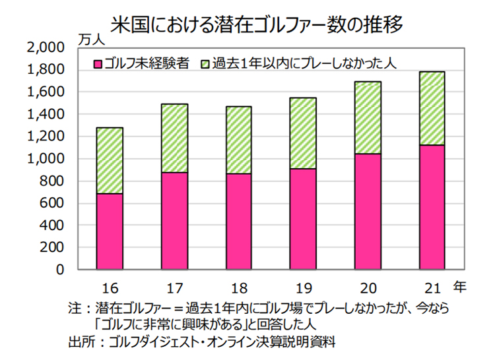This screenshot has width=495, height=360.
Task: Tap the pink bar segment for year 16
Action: coord(110,231)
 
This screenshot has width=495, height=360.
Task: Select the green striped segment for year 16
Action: coord(110,160)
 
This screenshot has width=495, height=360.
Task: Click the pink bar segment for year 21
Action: coord(432,207)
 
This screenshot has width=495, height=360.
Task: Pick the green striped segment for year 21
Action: coord(432,108)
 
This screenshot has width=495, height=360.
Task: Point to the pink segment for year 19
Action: coord(303,219)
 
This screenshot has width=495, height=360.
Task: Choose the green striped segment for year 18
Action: coord(238,140)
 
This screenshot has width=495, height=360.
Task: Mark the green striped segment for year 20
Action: coord(368,117)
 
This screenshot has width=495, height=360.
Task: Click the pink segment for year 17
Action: coord(174,221)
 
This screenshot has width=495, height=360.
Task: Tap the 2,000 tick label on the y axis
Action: coord(44,47)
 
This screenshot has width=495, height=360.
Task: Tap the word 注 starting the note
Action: coord(73,308)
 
